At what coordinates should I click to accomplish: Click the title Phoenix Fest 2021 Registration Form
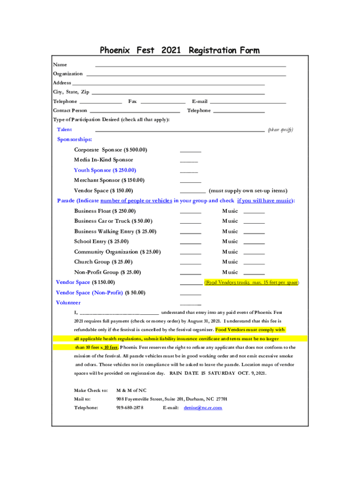180,50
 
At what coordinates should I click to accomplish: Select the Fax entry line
163,102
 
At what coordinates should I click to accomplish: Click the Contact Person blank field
135,112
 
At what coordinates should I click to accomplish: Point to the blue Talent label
65,130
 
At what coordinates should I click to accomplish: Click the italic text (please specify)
280,130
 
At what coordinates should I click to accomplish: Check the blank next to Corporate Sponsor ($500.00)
190,151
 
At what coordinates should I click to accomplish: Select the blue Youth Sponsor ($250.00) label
105,170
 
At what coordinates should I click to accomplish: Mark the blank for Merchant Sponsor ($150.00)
190,181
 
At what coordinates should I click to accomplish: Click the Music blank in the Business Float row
254,212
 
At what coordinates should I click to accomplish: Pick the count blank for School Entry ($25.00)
190,243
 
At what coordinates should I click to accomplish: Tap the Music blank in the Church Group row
254,263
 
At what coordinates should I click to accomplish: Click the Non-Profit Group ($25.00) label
108,272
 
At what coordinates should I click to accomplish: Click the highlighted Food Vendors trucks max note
252,283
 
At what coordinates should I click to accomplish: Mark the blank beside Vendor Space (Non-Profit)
190,294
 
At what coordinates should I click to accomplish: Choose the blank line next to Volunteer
190,304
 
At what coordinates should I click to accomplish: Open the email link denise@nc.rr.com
203,408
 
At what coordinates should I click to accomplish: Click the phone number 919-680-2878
130,408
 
